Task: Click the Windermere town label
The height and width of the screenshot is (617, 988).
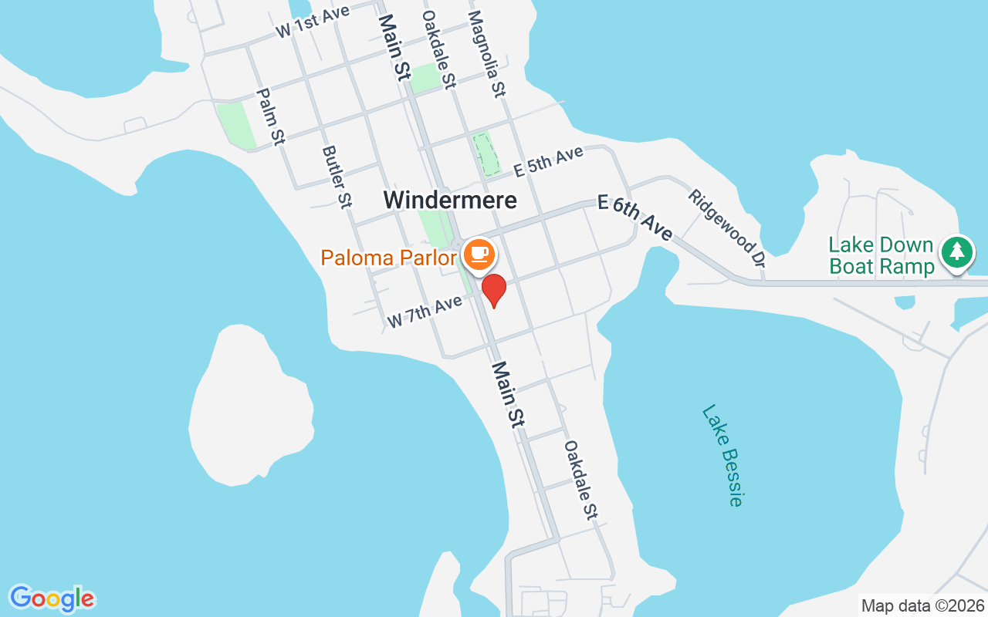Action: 450,200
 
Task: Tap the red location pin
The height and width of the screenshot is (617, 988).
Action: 494,290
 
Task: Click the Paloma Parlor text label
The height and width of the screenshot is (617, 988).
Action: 388,258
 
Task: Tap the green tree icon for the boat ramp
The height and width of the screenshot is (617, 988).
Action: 957,251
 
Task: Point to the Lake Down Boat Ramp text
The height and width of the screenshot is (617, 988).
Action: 881,256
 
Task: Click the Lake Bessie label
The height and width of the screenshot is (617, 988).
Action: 723,456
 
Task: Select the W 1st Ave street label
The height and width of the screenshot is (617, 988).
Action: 308,22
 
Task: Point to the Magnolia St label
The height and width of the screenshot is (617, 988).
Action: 486,52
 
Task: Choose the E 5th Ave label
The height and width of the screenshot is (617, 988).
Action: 548,162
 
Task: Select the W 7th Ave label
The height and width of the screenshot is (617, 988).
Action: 424,310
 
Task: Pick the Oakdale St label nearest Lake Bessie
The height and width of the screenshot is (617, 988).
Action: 581,480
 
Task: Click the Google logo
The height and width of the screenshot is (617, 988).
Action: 52,598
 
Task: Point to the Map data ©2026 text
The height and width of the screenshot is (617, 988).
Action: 923,605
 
